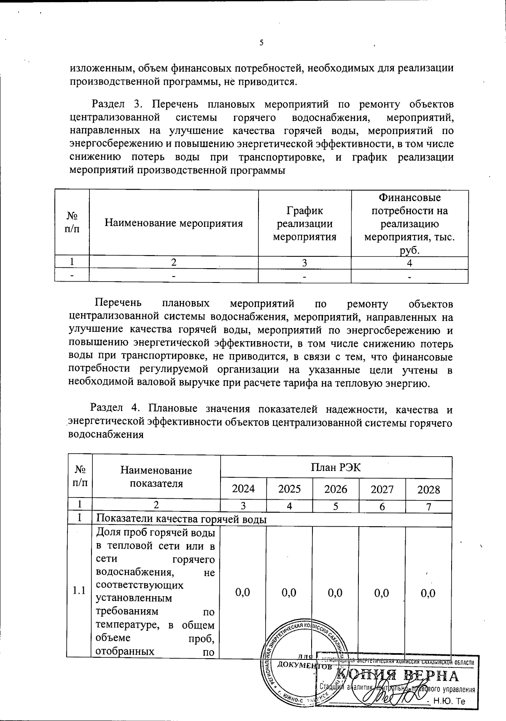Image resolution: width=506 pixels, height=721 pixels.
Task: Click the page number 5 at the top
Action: [x=261, y=43]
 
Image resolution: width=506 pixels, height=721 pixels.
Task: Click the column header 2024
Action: [x=243, y=489]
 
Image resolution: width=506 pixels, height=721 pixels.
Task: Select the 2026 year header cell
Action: [x=336, y=489]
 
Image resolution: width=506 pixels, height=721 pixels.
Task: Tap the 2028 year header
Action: [x=428, y=490]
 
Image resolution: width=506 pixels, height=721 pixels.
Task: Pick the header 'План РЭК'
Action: [x=336, y=467]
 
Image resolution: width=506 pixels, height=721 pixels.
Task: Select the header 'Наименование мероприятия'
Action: [x=174, y=223]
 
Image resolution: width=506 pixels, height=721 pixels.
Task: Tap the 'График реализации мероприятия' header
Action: [x=304, y=223]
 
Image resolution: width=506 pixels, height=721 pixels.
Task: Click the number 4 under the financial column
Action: [x=409, y=263]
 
